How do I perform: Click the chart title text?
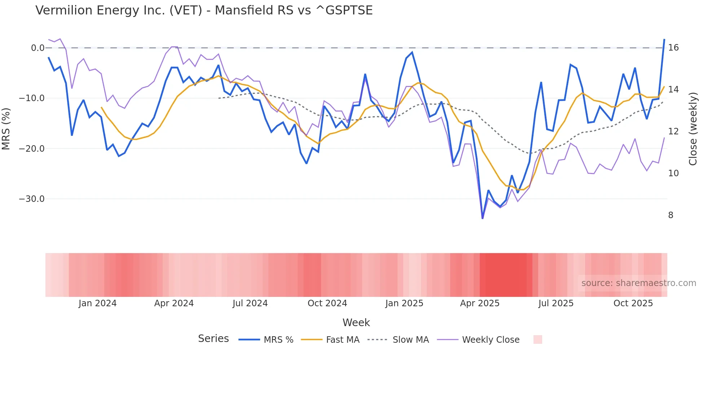click(x=204, y=10)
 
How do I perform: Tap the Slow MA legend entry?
click(x=398, y=340)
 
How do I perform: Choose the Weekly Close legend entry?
click(x=478, y=340)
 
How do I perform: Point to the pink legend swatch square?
click(x=537, y=339)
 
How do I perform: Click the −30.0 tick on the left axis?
click(x=32, y=199)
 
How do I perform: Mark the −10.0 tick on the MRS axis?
click(x=32, y=98)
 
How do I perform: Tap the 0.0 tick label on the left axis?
click(x=38, y=48)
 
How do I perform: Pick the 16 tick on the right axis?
click(x=673, y=48)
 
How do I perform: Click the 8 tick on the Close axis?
click(x=671, y=215)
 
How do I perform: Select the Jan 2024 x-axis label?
click(x=97, y=303)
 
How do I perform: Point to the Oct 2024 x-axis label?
click(x=327, y=303)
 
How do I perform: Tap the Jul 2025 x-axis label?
click(x=556, y=303)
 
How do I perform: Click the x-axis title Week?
click(x=356, y=323)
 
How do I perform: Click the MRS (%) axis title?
click(x=6, y=129)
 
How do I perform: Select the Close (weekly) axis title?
click(x=693, y=129)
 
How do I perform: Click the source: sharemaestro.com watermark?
click(x=638, y=283)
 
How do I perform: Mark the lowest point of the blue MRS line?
click(x=483, y=218)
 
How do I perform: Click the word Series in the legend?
click(x=213, y=339)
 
